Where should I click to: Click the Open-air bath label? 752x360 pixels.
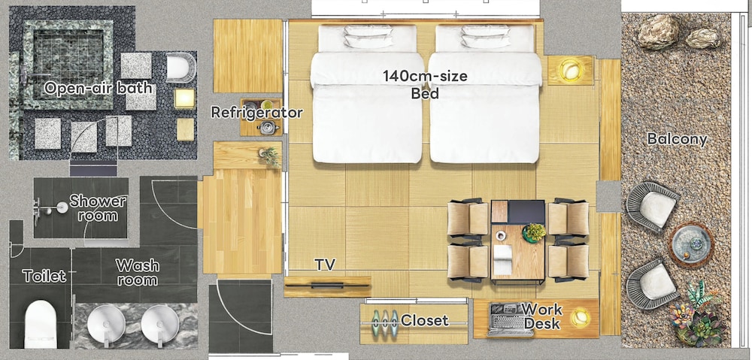pyautogui.click(x=98, y=88)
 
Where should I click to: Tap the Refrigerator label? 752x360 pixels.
pyautogui.click(x=256, y=113)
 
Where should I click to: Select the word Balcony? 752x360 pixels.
pyautogui.click(x=678, y=140)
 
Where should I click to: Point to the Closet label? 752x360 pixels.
pyautogui.click(x=424, y=320)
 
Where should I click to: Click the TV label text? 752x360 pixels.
pyautogui.click(x=325, y=264)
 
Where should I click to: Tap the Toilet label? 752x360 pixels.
pyautogui.click(x=44, y=276)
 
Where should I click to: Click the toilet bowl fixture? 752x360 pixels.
pyautogui.click(x=41, y=324)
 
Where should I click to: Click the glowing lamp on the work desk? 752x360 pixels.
pyautogui.click(x=581, y=317)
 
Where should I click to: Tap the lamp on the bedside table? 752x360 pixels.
pyautogui.click(x=570, y=71)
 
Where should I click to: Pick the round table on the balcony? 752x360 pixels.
pyautogui.click(x=691, y=244)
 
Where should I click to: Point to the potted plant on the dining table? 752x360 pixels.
pyautogui.click(x=534, y=233)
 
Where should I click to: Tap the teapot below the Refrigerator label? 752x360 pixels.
pyautogui.click(x=268, y=127)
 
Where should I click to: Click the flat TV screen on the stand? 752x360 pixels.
pyautogui.click(x=328, y=286)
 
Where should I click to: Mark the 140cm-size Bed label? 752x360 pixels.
pyautogui.click(x=425, y=84)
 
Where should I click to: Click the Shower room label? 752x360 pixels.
pyautogui.click(x=98, y=208)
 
